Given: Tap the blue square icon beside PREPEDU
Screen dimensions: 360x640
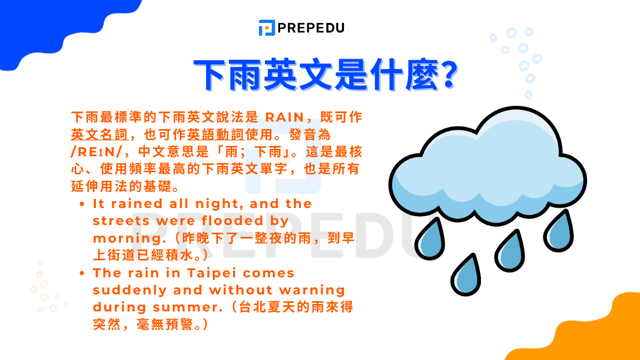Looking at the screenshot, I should click(x=266, y=28).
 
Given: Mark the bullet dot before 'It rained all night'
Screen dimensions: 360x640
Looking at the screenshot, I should click(x=82, y=204).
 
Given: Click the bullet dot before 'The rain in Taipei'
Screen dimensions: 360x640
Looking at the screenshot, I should click(x=82, y=274).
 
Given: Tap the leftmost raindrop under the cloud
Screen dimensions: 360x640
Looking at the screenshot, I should click(x=431, y=238).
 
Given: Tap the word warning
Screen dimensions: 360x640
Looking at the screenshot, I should click(x=311, y=290).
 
